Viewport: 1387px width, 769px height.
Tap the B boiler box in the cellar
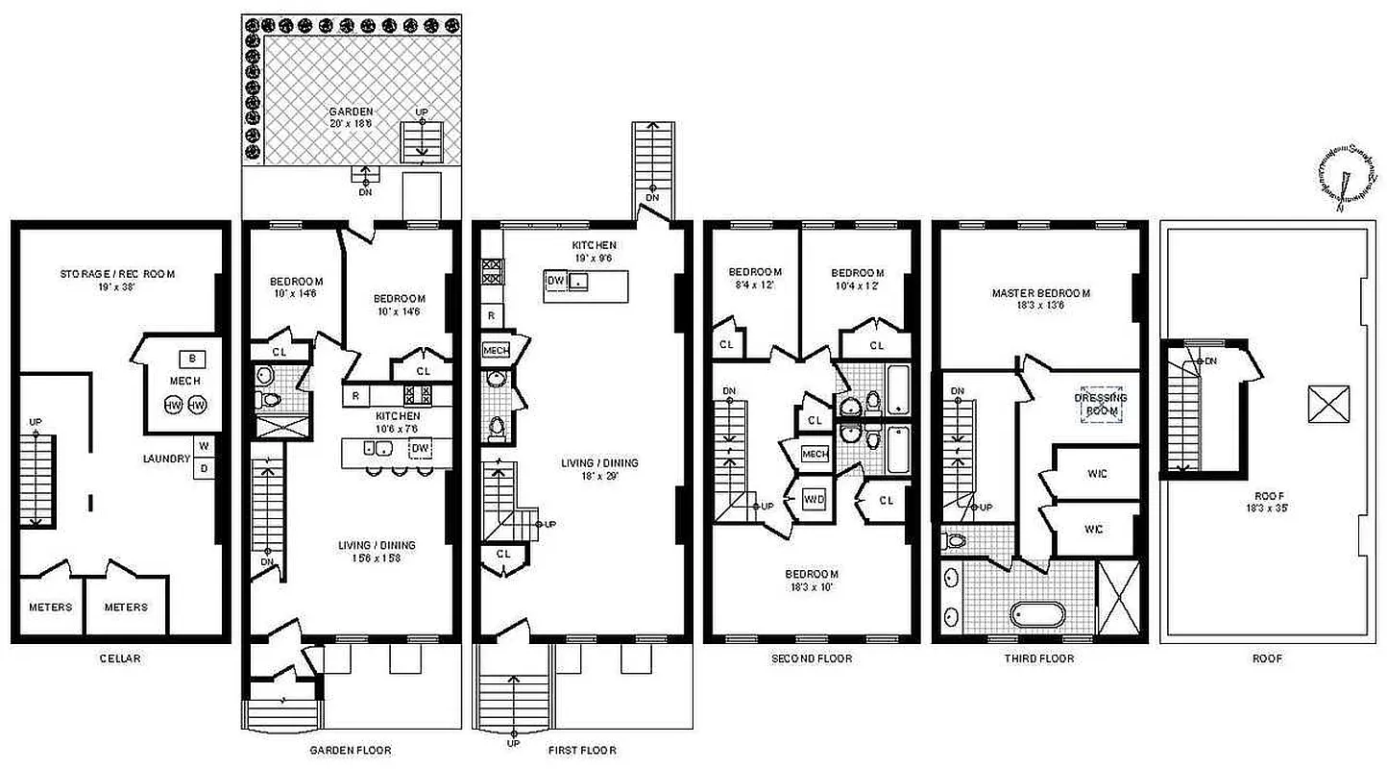(x=192, y=359)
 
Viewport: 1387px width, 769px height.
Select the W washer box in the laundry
(x=204, y=446)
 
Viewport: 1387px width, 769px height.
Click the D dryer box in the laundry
(x=204, y=468)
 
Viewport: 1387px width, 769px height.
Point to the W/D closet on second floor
(x=815, y=500)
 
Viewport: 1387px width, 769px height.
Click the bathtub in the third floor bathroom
(x=1037, y=615)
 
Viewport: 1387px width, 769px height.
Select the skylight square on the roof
(x=1329, y=404)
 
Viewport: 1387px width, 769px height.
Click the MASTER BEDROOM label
(x=1040, y=293)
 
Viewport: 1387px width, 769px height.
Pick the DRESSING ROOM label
(x=1101, y=404)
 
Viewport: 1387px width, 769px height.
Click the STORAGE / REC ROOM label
(x=117, y=274)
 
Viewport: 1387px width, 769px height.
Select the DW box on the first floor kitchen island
(x=555, y=281)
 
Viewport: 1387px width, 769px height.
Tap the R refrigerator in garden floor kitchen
(x=355, y=394)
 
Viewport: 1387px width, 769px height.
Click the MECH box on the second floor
(x=815, y=454)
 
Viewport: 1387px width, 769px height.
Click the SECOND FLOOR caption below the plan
(x=812, y=658)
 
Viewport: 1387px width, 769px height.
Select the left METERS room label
(x=50, y=607)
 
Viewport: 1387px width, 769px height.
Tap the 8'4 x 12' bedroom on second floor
(x=755, y=278)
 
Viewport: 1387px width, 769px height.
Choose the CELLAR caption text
(x=119, y=658)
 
